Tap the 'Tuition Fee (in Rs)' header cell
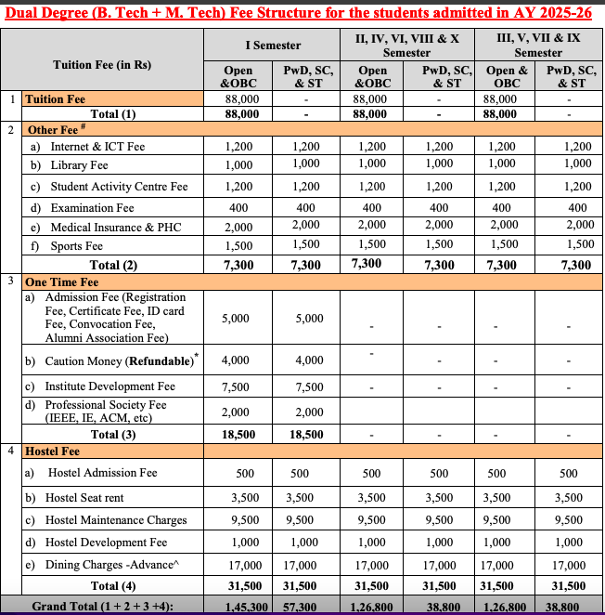[102, 65]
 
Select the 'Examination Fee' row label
[92, 208]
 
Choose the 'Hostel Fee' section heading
[53, 451]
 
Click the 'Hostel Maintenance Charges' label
[118, 520]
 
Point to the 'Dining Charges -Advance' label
[113, 564]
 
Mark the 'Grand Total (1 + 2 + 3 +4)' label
[102, 606]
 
